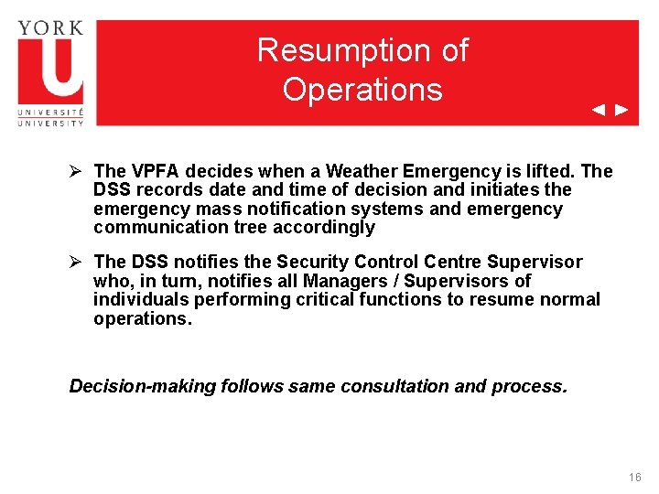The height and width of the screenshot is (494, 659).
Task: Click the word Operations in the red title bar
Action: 362,90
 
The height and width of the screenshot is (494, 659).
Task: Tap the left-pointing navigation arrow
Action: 599,111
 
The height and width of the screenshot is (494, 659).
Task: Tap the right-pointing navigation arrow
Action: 621,111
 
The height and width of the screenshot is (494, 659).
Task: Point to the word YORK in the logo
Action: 50,27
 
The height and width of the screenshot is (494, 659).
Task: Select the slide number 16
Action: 635,478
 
